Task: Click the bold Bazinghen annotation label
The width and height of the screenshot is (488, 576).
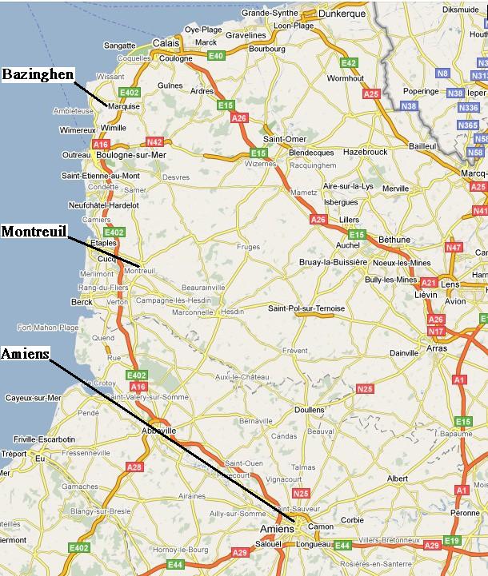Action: [x=38, y=74]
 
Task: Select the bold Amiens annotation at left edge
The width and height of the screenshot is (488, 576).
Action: [x=26, y=353]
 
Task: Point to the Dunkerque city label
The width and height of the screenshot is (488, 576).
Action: [x=341, y=14]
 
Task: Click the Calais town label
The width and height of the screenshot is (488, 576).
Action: [x=166, y=43]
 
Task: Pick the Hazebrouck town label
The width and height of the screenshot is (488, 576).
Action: [x=365, y=151]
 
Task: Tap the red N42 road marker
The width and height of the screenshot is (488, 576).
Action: [x=154, y=142]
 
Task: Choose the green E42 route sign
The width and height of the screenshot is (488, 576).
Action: [x=349, y=63]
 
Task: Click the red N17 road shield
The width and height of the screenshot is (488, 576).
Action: [x=436, y=332]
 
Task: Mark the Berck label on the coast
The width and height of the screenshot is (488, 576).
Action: [x=82, y=302]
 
